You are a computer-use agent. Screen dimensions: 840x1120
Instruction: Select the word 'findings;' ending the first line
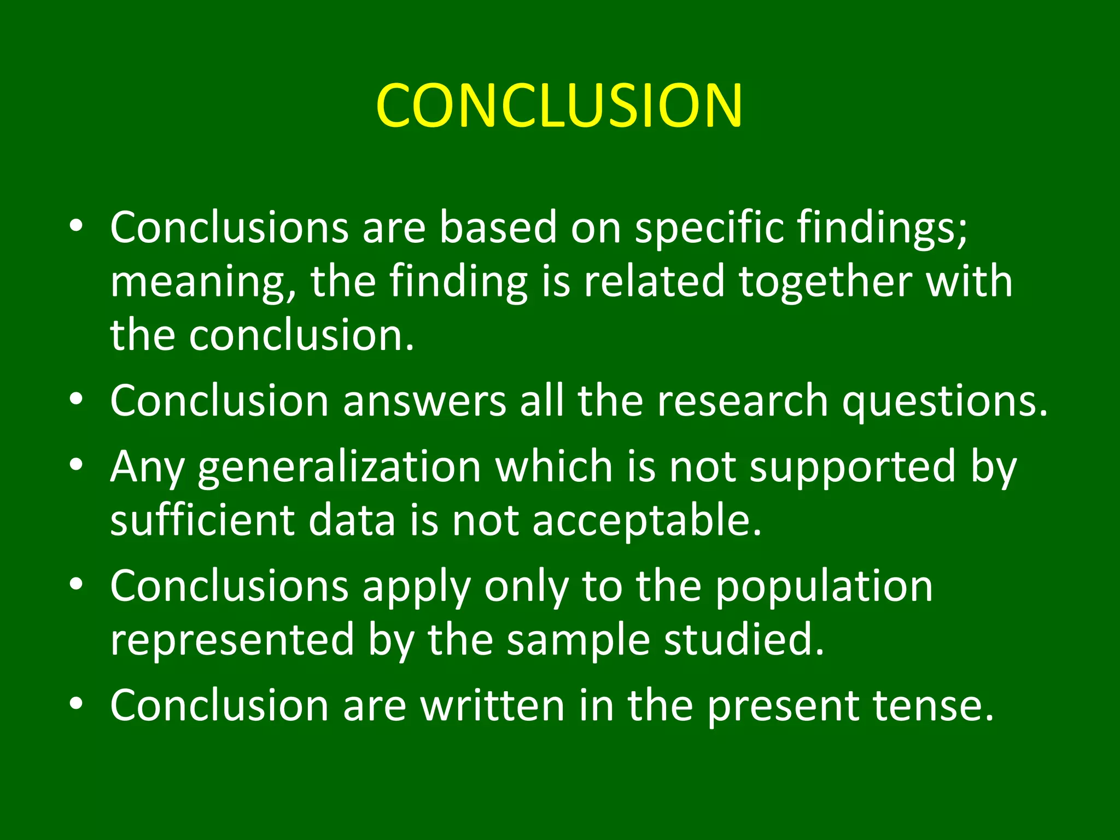tap(882, 227)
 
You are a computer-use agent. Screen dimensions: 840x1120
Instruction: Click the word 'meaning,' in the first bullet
tap(203, 282)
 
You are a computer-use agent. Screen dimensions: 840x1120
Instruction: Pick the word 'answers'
tap(424, 401)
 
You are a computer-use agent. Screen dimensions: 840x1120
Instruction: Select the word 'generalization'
tap(340, 468)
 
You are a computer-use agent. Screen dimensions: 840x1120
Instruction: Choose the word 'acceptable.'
tap(647, 521)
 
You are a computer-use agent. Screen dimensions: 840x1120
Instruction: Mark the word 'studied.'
tap(744, 640)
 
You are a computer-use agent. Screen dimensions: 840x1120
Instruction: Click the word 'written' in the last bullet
tap(492, 706)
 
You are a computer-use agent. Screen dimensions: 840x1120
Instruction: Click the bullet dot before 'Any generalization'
tap(77, 465)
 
